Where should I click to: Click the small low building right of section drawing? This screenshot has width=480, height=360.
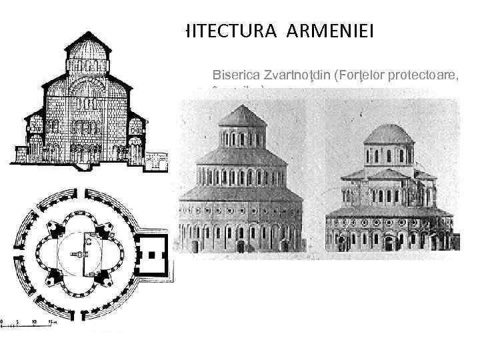coord(159,159)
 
